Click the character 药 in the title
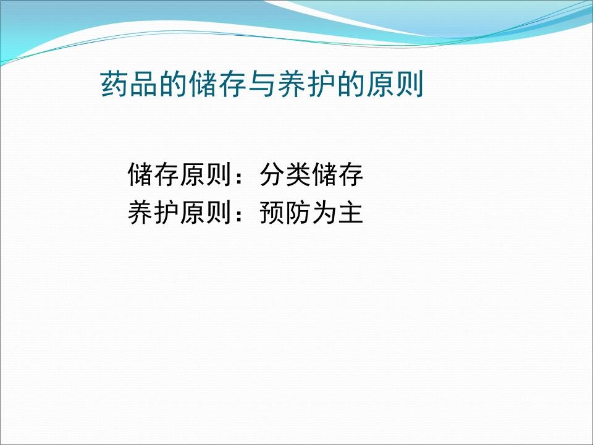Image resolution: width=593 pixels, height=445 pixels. pos(114,85)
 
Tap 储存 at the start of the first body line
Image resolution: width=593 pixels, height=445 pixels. pos(153,176)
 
